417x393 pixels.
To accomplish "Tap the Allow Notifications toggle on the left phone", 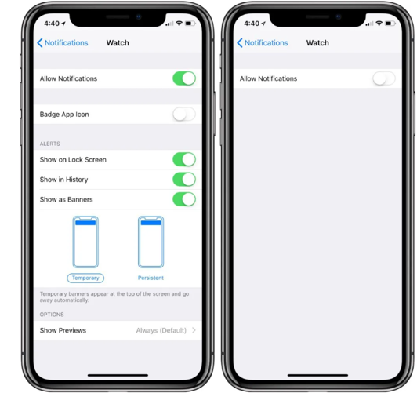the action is tap(184, 78).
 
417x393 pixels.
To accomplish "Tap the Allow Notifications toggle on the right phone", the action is tap(384, 78).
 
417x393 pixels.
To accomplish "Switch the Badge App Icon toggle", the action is tap(184, 115).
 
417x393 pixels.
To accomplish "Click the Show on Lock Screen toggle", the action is tap(184, 159).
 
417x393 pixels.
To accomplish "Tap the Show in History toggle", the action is tap(184, 180).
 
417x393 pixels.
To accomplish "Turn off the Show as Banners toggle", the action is tap(184, 199).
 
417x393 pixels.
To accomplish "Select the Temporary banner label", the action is tap(85, 278).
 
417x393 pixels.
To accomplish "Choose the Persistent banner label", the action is tap(150, 278).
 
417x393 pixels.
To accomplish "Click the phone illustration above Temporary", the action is tap(85, 242).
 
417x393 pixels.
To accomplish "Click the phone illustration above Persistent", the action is tap(150, 242).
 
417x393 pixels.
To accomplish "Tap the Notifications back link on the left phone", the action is tap(63, 43).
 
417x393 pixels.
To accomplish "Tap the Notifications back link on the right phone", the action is tap(263, 43).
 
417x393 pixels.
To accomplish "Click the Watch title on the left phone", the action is tap(118, 43).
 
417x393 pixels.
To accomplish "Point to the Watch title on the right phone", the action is tap(317, 43).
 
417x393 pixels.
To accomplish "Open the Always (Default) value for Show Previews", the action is tap(161, 330).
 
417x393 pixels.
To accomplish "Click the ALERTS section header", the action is tap(49, 144).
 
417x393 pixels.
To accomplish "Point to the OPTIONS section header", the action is tap(52, 315).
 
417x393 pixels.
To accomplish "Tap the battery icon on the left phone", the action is tap(190, 24).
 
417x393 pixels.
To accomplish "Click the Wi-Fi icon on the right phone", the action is tap(379, 24).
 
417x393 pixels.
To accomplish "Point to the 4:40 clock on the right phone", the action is tap(252, 24).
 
